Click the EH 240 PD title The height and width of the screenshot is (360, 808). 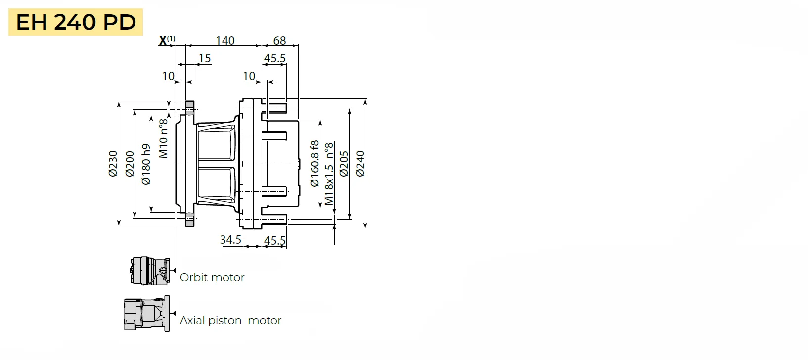[x=76, y=22]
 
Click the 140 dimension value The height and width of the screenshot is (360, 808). [x=225, y=40]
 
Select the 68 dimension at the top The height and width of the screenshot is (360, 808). [x=279, y=40]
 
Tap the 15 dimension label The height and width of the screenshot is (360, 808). [x=205, y=58]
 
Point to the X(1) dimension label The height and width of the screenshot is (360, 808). [x=167, y=40]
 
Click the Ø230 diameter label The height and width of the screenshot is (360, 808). [x=113, y=164]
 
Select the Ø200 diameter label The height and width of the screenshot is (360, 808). [x=130, y=164]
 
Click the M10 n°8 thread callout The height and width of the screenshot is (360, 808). [x=163, y=138]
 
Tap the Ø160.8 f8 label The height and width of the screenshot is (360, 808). [x=314, y=164]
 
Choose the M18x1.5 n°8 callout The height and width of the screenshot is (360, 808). [x=329, y=174]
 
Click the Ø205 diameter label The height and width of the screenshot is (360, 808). [x=344, y=164]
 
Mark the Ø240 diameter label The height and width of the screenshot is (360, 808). [x=360, y=164]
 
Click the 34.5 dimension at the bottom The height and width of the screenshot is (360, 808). [x=230, y=240]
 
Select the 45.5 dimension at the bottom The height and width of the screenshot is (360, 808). [x=274, y=241]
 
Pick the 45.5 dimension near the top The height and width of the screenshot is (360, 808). [x=274, y=58]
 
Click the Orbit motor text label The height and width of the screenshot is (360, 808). [x=212, y=277]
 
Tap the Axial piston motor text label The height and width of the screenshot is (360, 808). [x=230, y=320]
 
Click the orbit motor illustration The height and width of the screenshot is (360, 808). [x=150, y=271]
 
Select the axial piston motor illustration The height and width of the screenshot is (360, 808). [x=146, y=314]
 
